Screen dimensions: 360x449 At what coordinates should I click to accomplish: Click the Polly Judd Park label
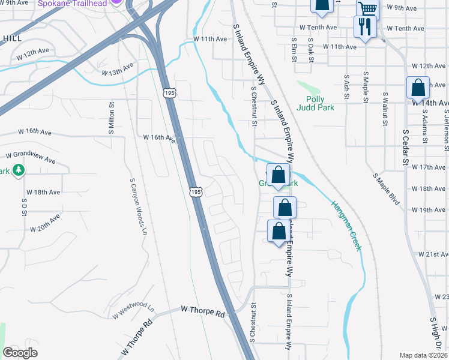point(315,103)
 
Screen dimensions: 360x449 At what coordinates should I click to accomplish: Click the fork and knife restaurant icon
point(365,27)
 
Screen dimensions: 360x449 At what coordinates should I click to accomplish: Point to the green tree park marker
point(19,170)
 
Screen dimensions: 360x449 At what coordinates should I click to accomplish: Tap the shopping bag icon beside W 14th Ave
point(418,88)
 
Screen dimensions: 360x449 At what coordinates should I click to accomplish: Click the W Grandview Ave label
point(30,158)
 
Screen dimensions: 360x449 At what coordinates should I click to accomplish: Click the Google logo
point(20,353)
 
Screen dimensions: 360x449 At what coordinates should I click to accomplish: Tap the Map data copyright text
point(423,355)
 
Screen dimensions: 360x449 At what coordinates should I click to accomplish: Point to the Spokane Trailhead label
point(72,4)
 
